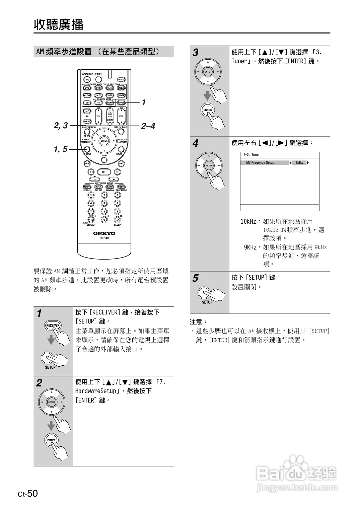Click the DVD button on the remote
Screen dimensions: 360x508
[87, 88]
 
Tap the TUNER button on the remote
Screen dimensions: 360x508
[121, 95]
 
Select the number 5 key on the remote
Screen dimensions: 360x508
[104, 203]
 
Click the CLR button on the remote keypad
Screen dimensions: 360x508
[117, 219]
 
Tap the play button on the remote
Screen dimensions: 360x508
[104, 172]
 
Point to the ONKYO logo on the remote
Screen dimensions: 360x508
[104, 233]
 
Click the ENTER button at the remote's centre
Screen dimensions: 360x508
[104, 141]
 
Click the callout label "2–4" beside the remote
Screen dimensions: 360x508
[148, 126]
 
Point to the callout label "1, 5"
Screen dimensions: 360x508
[61, 149]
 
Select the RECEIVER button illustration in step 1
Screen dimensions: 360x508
[53, 325]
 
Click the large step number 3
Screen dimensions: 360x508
[195, 53]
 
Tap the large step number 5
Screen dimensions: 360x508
[195, 278]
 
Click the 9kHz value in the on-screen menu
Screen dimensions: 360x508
[299, 163]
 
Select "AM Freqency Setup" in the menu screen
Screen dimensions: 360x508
[260, 163]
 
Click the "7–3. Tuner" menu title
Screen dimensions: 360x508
[251, 155]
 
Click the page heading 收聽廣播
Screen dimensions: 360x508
[59, 24]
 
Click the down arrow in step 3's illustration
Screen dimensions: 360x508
[208, 95]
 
